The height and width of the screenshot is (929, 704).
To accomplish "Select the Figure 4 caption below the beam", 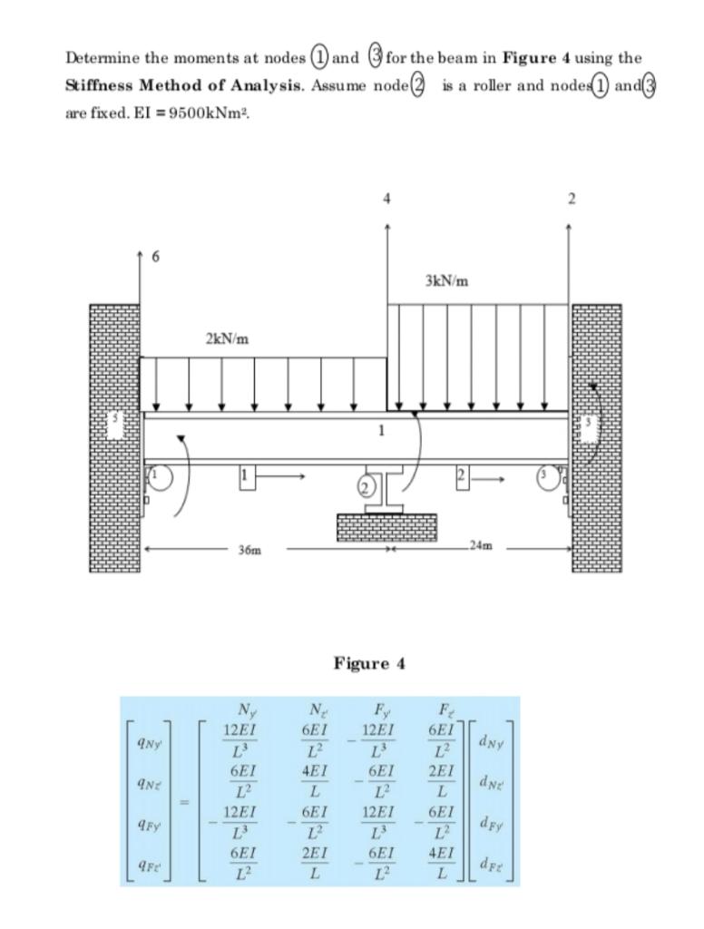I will [369, 663].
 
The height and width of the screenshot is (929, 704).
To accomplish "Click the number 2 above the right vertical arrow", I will [571, 199].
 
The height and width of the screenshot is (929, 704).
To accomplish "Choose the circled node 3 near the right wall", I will [546, 476].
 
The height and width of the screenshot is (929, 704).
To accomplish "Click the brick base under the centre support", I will [386, 527].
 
